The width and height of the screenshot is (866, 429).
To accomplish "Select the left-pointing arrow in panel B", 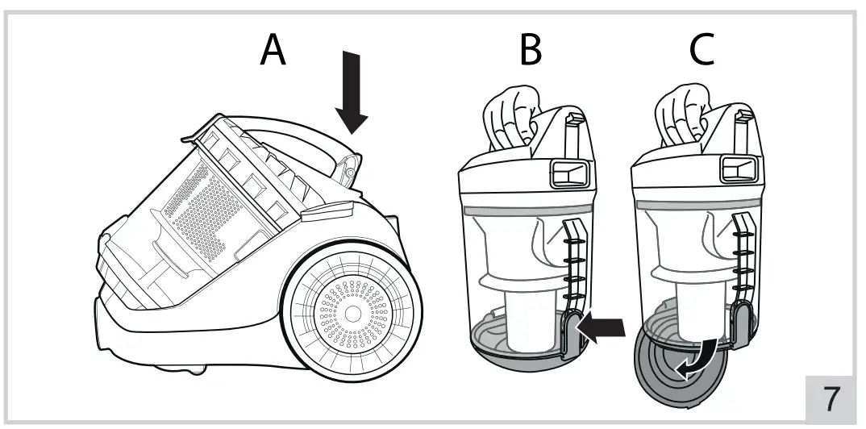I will (603, 329).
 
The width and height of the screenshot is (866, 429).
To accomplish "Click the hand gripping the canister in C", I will (680, 117).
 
